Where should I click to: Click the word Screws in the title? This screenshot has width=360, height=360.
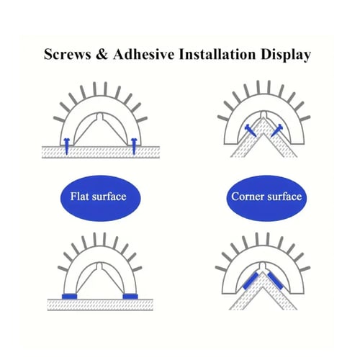tap(68, 54)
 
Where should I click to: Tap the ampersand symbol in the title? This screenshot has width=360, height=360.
tap(102, 54)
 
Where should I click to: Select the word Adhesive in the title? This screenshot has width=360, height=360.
tap(144, 54)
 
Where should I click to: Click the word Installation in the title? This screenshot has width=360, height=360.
tap(217, 54)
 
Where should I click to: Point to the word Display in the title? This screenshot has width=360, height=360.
tap(286, 55)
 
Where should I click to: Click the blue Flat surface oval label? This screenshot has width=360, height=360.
tap(100, 198)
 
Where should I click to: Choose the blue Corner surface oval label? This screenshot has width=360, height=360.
tap(266, 198)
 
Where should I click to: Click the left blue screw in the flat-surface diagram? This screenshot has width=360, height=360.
tap(66, 145)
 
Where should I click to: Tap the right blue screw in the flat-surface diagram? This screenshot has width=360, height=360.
tap(134, 145)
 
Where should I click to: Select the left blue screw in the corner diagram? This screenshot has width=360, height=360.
tap(250, 131)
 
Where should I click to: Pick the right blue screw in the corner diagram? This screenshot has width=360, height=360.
tap(276, 131)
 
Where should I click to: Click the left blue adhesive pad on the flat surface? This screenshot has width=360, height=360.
tap(69, 297)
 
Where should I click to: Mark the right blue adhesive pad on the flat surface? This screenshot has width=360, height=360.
tap(130, 297)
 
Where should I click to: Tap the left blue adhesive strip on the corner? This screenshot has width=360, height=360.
tap(250, 281)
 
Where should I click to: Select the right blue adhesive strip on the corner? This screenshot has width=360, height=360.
tap(275, 281)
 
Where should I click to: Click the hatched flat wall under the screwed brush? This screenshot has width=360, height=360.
tap(101, 152)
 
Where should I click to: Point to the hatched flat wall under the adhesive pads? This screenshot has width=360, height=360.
tap(100, 305)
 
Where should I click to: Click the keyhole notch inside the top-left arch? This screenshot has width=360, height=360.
tap(100, 117)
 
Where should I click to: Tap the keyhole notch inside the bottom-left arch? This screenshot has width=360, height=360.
tap(100, 266)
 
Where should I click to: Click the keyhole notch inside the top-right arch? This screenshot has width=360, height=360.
tap(264, 114)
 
